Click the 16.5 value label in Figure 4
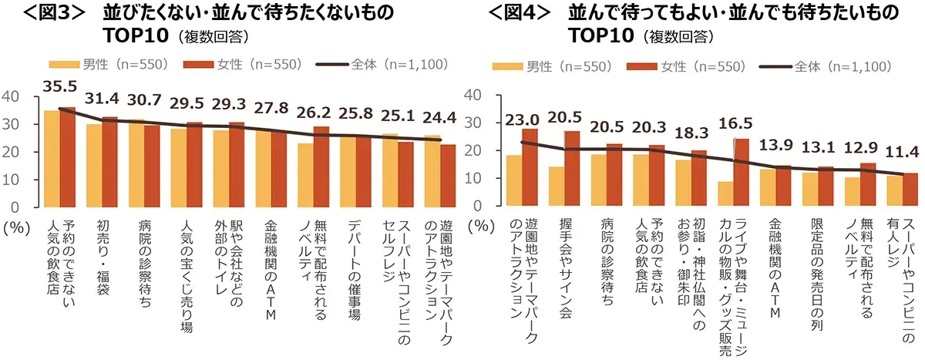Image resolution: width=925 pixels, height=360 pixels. tap(735, 122)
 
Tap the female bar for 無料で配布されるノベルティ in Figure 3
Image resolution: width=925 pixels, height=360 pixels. tap(321, 167)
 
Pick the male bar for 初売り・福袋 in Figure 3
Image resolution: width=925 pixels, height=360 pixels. tap(94, 165)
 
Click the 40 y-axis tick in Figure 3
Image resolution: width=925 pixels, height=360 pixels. tap(11, 96)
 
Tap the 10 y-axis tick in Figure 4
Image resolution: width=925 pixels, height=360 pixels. tap(476, 179)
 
